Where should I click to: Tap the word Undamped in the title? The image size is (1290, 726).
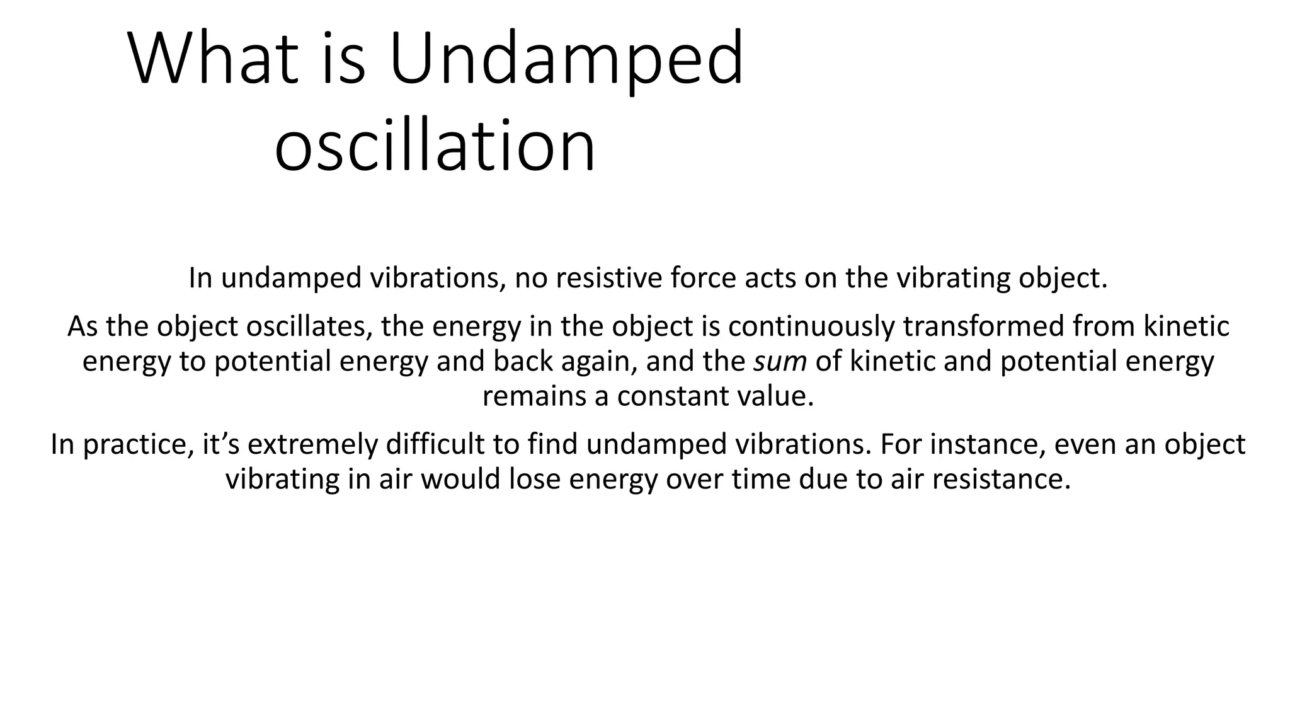(566, 60)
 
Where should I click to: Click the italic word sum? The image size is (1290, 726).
(780, 362)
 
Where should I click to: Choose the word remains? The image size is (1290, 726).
(534, 396)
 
